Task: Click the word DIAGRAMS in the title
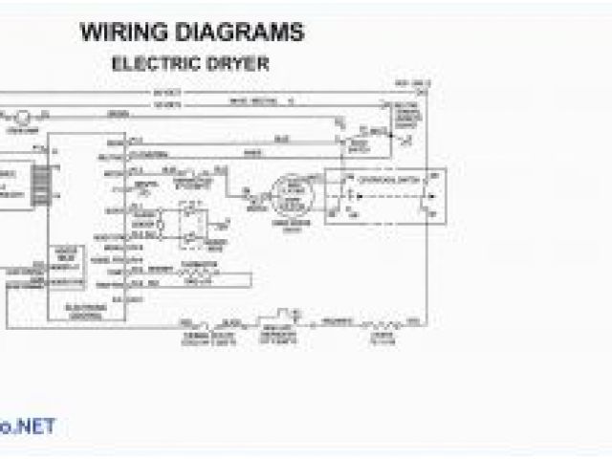click(244, 32)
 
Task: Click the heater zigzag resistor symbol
click(371, 320)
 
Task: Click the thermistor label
click(196, 270)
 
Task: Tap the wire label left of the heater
click(333, 320)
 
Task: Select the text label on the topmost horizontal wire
click(163, 92)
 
